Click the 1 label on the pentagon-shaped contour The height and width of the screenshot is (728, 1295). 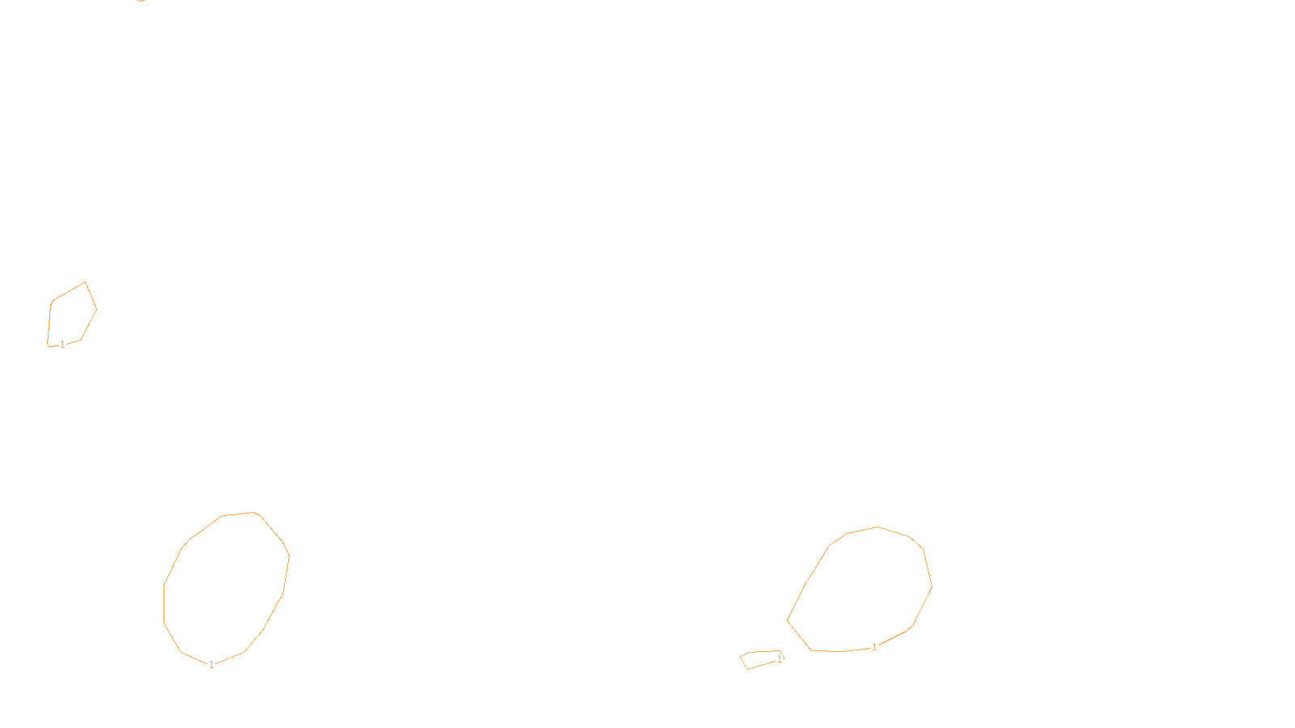coord(62,345)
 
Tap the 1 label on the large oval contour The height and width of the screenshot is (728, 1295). coord(211,665)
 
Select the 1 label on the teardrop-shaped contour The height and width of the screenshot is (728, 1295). coord(874,647)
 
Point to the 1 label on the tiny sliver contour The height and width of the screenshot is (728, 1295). coord(779,659)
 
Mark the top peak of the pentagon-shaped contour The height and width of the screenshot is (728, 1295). coord(85,282)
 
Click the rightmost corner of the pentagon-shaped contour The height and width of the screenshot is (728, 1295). coord(96,309)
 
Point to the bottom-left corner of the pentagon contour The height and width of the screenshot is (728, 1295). coord(48,345)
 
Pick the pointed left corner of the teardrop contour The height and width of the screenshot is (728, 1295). coord(788,621)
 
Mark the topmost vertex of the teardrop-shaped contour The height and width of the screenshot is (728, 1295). coord(877,527)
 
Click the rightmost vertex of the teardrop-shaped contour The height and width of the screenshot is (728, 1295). coord(932,586)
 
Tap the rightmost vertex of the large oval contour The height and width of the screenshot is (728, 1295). coord(289,556)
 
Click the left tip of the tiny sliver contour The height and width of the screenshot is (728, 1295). coord(741,657)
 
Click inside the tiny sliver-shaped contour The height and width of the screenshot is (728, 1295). coord(761,658)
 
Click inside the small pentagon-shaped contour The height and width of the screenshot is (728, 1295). coord(71,315)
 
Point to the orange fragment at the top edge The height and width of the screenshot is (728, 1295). coord(142,1)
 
